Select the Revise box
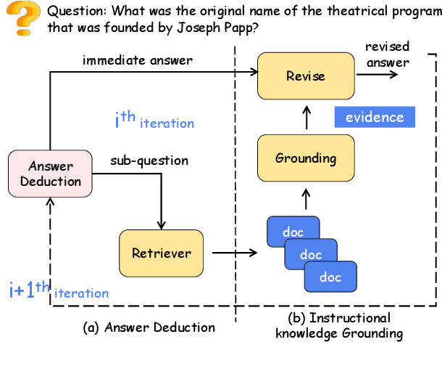tap(305, 76)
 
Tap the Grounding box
tap(305, 158)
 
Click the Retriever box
tap(162, 253)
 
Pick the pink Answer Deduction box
tap(50, 174)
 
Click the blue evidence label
tap(374, 117)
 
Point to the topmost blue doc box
tap(292, 232)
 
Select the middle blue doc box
tap(311, 255)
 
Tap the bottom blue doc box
tap(330, 277)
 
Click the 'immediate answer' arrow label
tap(138, 60)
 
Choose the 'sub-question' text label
tap(149, 160)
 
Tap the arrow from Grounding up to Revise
tap(305, 115)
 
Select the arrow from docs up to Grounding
tap(305, 197)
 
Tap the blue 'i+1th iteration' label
tap(59, 291)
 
